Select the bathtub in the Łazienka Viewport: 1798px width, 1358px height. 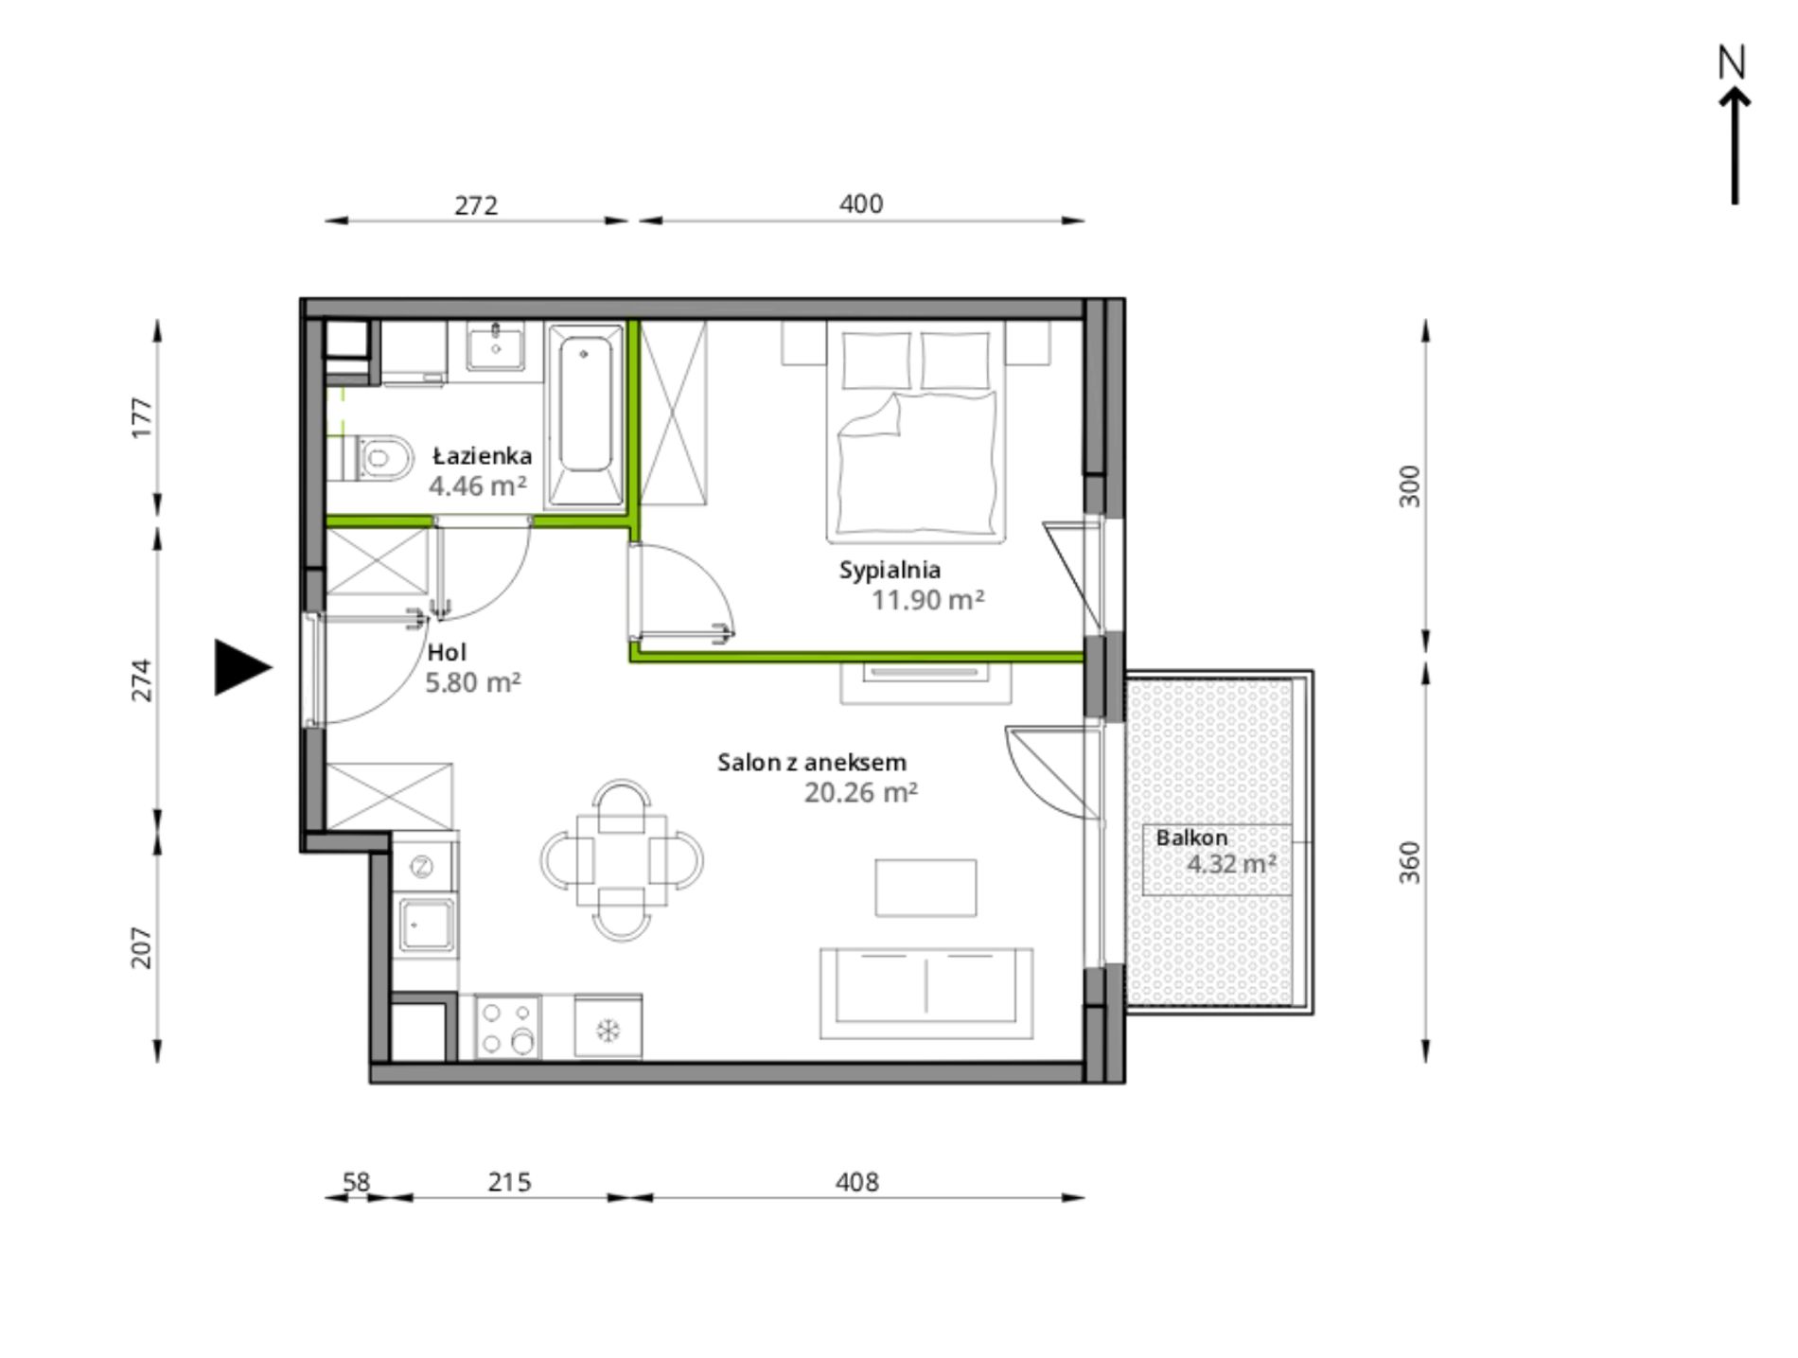(585, 415)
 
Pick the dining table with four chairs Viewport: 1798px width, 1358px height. (622, 859)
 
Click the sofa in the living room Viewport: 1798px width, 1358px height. (926, 994)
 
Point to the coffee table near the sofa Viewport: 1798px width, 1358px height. (925, 888)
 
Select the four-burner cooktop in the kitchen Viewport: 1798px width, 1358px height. (507, 1027)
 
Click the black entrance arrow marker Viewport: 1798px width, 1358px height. (242, 667)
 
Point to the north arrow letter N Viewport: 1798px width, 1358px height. (1732, 63)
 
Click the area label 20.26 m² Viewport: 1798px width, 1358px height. (860, 792)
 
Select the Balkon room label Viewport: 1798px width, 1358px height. (1191, 838)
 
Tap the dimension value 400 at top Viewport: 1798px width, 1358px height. (861, 203)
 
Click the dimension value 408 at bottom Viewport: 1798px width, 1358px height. (857, 1182)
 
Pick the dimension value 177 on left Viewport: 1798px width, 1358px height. (141, 417)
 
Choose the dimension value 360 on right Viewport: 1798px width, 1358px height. (1409, 862)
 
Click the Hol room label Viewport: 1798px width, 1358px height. (447, 652)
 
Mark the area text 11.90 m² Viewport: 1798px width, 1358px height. (927, 600)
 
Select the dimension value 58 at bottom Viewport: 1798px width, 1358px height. (356, 1182)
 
